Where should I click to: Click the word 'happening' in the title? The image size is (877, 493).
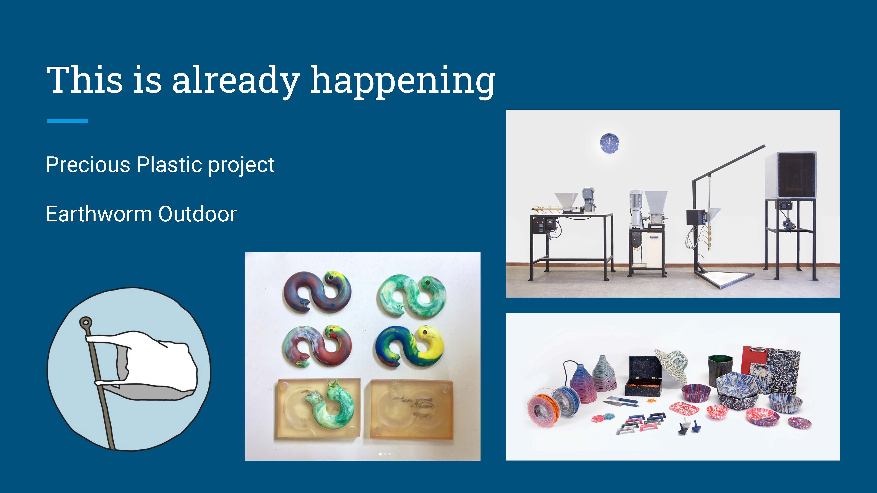click(x=403, y=82)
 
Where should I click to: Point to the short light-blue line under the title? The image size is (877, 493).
click(x=67, y=120)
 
